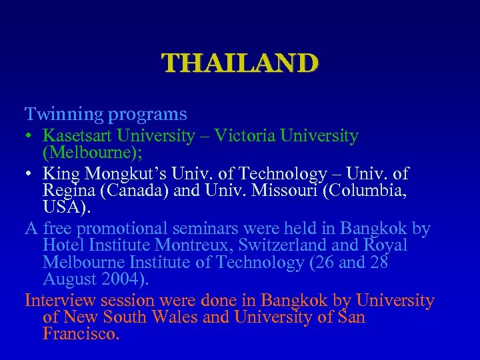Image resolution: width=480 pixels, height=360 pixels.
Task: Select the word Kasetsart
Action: pos(77,136)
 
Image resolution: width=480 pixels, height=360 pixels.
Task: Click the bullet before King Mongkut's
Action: pos(31,175)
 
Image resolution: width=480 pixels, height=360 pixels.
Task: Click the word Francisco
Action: pos(81,333)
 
